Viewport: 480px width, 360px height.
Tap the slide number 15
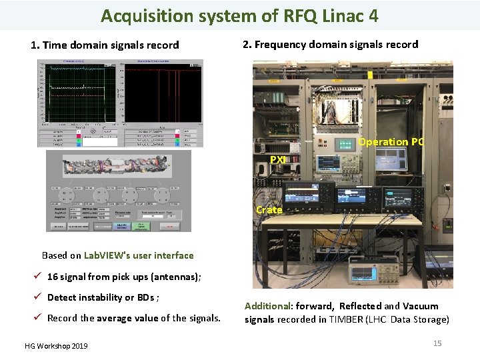point(437,343)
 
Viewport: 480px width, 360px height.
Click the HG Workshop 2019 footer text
point(55,346)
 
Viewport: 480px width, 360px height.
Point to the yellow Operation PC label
point(391,142)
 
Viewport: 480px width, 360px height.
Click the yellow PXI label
point(278,160)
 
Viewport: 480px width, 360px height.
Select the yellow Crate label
point(269,209)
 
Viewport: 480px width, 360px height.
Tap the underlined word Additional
point(268,306)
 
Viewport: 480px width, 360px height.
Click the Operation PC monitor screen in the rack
point(391,159)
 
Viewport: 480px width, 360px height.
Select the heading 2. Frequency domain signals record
point(330,45)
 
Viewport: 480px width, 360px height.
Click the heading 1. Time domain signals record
point(105,45)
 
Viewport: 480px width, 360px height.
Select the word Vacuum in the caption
point(421,306)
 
